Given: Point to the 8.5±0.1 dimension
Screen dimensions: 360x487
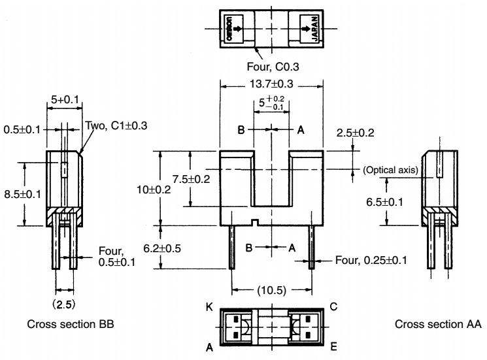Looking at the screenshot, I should pyautogui.click(x=23, y=195).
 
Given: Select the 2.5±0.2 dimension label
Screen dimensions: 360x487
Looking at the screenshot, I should pyautogui.click(x=356, y=133).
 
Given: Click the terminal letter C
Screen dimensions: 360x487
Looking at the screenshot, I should pyautogui.click(x=334, y=304).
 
